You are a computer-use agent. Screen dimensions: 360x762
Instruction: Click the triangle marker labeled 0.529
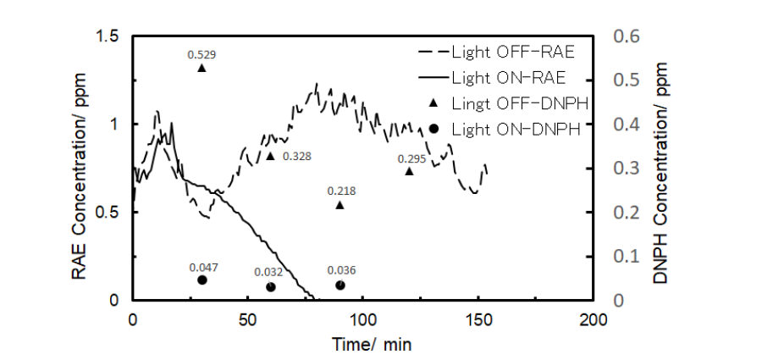coord(202,67)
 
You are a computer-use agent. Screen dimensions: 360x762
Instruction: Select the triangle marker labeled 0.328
coord(270,155)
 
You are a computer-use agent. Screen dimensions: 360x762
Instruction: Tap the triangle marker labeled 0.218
coord(340,204)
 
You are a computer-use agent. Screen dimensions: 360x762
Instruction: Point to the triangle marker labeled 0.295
coord(409,170)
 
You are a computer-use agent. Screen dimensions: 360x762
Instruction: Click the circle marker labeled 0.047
coord(202,280)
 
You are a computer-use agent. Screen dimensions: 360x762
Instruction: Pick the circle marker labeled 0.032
coord(271,287)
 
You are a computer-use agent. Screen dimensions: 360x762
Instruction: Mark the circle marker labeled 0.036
coord(340,285)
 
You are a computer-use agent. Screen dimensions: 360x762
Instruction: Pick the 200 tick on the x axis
coord(594,320)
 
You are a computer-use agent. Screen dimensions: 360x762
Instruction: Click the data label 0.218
coord(340,191)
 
